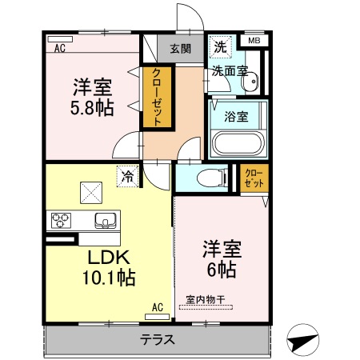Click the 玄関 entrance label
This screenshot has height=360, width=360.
(x=178, y=48)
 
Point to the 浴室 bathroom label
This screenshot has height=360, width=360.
(x=236, y=115)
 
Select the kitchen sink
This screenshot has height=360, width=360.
(x=106, y=219)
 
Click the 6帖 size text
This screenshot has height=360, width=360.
(x=219, y=270)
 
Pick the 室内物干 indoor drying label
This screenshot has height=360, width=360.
(x=206, y=300)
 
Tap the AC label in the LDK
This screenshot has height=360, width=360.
(x=157, y=306)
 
